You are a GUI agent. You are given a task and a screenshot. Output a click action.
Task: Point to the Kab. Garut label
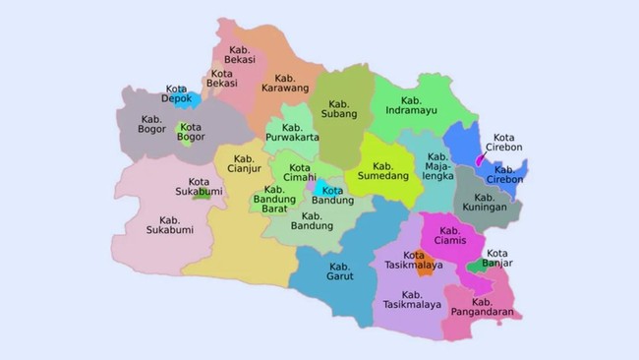click(x=340, y=271)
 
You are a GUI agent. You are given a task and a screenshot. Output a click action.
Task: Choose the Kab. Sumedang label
click(x=382, y=171)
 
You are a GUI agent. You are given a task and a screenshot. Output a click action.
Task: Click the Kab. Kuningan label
click(x=482, y=204)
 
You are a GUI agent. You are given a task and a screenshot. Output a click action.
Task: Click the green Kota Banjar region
click(x=476, y=265)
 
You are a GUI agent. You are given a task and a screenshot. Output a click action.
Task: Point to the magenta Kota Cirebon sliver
click(x=481, y=157)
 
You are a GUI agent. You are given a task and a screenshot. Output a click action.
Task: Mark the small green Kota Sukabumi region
click(x=203, y=193)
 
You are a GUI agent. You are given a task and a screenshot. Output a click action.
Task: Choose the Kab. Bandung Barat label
click(x=274, y=202)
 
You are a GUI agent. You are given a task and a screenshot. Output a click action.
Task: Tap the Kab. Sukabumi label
click(x=163, y=225)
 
